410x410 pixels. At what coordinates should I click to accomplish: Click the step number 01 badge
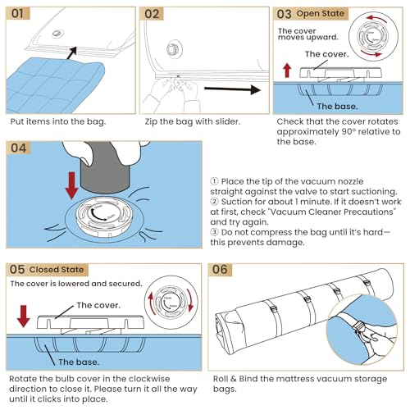pos(18,13)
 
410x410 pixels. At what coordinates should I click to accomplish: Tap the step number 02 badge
pos(152,14)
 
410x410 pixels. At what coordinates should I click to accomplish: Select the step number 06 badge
pos(220,270)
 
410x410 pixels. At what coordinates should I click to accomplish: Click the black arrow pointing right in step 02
pos(232,89)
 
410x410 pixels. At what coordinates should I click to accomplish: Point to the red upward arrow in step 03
pos(287,71)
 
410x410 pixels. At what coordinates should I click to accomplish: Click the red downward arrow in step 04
pos(72,185)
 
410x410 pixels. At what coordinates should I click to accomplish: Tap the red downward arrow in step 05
pos(24,317)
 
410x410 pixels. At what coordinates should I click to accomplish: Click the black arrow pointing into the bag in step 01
pos(71,52)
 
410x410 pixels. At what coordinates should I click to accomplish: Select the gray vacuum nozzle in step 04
pos(104,167)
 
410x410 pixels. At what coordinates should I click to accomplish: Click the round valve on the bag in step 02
pos(173,49)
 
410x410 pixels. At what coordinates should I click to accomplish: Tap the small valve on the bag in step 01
pos(57,34)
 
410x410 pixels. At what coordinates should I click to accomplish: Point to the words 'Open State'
pos(320,13)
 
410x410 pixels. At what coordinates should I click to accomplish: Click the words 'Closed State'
pos(57,270)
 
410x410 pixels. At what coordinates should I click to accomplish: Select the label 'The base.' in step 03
pos(337,107)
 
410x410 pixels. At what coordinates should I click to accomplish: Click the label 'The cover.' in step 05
pos(98,305)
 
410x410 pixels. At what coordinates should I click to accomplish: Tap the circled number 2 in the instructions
pos(215,202)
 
